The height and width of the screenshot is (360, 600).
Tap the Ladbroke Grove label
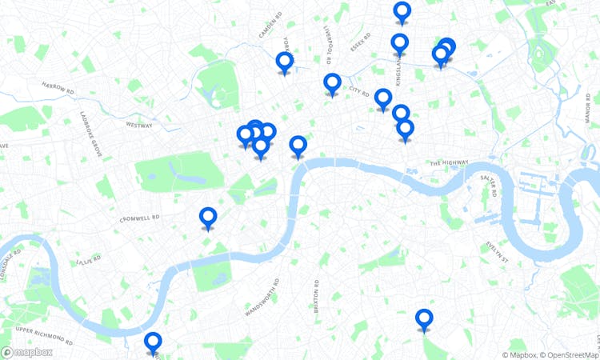(x=91, y=132)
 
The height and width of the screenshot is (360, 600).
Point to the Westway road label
(x=138, y=125)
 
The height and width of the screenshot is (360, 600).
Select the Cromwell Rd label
(x=139, y=218)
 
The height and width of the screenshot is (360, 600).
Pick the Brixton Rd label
(x=317, y=297)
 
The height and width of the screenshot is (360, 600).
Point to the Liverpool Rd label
(x=327, y=44)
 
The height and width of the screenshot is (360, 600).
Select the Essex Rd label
(x=361, y=42)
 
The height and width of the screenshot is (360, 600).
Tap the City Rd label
(x=359, y=94)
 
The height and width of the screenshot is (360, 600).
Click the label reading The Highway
(x=448, y=162)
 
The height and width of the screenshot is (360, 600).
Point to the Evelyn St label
(x=497, y=253)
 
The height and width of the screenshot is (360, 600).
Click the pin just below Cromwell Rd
(x=208, y=218)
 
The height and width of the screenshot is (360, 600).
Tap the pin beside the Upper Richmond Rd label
(x=153, y=342)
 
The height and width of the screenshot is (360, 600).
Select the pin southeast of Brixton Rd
(x=424, y=319)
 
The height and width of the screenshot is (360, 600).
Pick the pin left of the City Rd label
(x=332, y=83)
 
